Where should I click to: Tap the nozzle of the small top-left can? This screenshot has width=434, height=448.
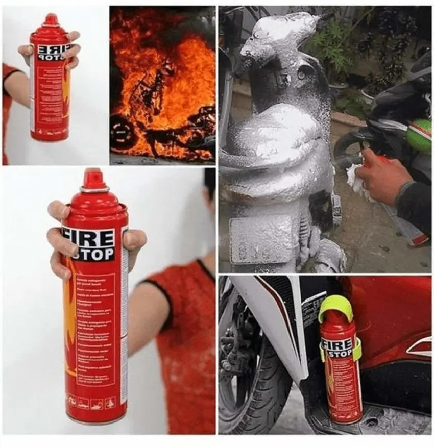coord(51,19)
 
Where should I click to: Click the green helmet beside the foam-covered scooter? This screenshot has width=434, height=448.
coord(419,136)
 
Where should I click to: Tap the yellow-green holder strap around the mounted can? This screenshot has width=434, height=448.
coord(356,349)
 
